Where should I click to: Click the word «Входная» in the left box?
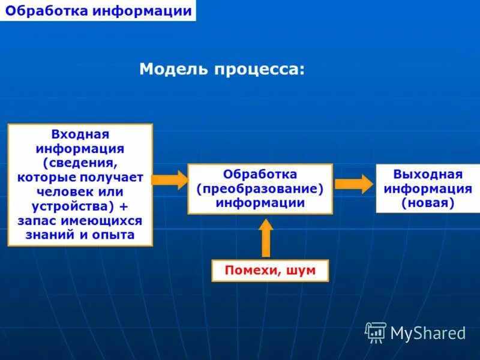[x=80, y=134]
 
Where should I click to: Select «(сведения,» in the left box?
[x=80, y=163]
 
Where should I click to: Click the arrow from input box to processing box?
[x=170, y=179]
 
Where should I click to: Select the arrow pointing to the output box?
[x=353, y=184]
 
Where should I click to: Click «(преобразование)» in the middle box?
[x=260, y=188]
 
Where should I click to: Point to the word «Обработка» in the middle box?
[x=260, y=174]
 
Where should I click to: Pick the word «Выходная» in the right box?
[x=428, y=175]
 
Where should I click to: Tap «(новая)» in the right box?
[x=428, y=203]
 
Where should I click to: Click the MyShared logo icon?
[x=376, y=332]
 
